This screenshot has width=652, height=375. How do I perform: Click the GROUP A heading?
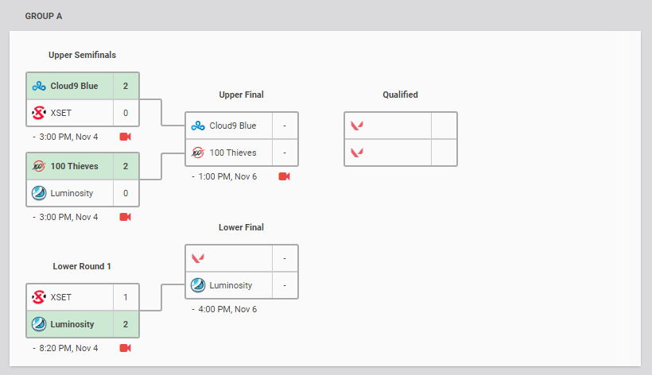(x=44, y=16)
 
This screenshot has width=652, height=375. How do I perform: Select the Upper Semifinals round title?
(x=82, y=55)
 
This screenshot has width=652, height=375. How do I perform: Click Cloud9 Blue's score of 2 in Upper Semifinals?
(x=126, y=86)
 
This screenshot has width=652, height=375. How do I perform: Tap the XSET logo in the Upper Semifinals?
(x=38, y=113)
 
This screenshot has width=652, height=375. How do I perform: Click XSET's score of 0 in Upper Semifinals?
(x=126, y=113)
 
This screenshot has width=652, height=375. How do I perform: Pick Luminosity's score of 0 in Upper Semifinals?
(x=126, y=192)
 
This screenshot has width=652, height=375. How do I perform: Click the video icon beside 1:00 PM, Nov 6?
(x=284, y=176)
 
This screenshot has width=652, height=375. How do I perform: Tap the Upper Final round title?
(x=241, y=95)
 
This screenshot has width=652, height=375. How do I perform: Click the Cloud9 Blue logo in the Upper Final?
(x=197, y=126)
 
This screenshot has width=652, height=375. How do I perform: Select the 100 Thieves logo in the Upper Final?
(x=197, y=153)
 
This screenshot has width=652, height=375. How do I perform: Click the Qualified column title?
(x=400, y=95)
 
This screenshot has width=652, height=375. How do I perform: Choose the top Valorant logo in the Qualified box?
(x=357, y=126)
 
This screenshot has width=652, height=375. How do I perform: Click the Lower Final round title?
(x=241, y=227)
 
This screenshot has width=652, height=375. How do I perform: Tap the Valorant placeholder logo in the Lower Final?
(x=197, y=258)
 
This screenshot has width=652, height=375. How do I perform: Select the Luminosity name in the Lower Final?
(x=231, y=285)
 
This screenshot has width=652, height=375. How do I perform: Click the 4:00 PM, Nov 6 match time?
(x=227, y=309)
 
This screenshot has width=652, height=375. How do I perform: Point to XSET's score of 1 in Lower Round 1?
(x=126, y=297)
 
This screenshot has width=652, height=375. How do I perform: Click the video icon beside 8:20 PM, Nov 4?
(x=125, y=348)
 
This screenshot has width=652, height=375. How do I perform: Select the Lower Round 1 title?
(x=82, y=266)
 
